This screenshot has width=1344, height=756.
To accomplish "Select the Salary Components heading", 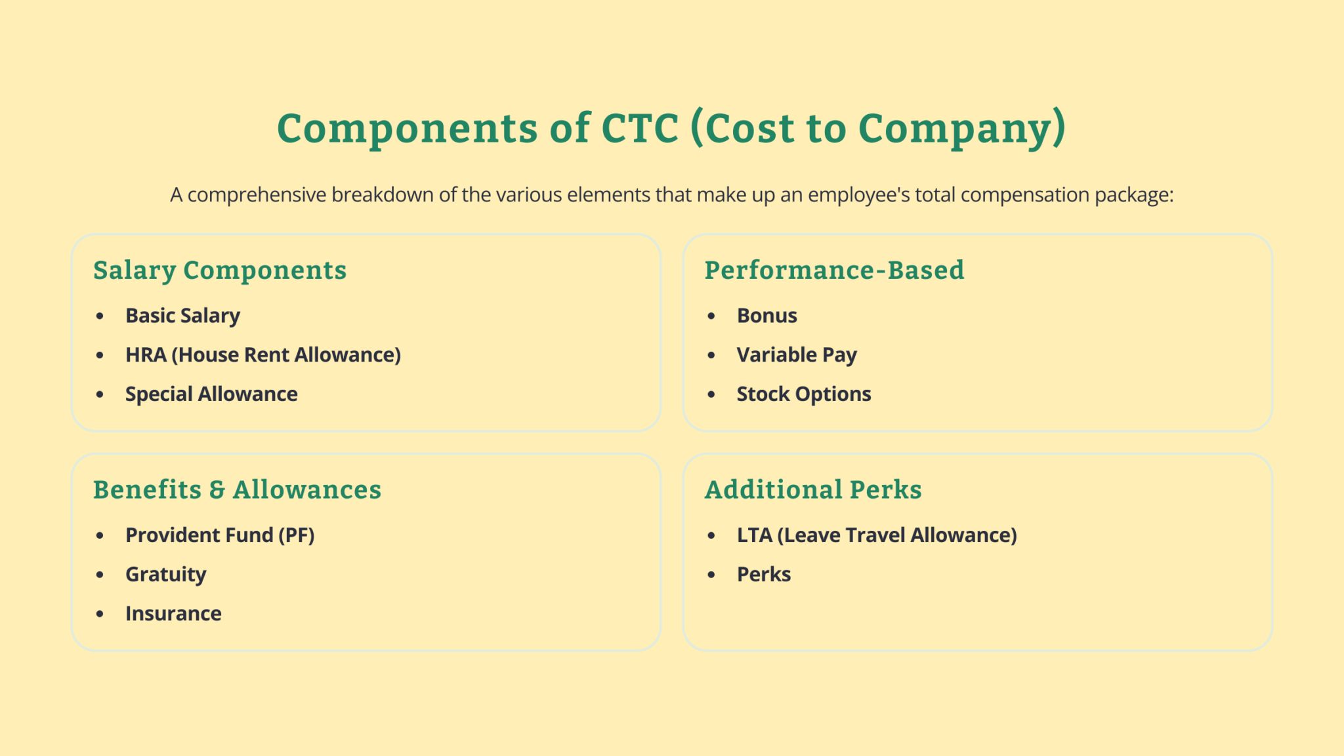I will click(220, 270).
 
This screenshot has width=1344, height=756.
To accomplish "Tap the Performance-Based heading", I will click(834, 270).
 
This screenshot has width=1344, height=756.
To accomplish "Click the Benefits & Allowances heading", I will click(237, 490).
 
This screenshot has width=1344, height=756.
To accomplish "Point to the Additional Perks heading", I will click(813, 490).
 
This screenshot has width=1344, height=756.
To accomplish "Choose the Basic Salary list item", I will click(182, 316).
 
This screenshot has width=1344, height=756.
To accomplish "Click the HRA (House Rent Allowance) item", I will click(262, 355).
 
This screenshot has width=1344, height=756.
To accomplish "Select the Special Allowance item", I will click(211, 394).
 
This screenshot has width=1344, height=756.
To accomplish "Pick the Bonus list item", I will click(766, 316).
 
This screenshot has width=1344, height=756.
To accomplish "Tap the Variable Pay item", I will click(797, 355).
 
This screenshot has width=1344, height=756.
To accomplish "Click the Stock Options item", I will click(804, 394).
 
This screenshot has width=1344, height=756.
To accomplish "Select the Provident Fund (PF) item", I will click(220, 535).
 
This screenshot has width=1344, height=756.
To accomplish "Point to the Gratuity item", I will click(165, 575).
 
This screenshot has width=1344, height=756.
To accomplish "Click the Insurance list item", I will click(173, 614).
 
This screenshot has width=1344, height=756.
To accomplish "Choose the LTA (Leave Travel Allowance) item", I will click(877, 535).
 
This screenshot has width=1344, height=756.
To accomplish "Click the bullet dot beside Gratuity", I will click(100, 575).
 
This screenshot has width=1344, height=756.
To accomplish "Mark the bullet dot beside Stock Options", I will click(711, 394).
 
